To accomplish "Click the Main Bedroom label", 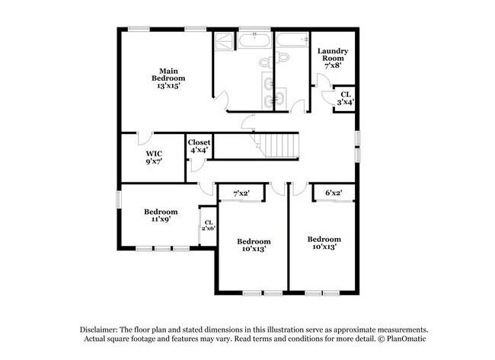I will [168, 78].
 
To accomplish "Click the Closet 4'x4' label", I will [199, 146].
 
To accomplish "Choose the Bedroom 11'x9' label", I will [161, 216].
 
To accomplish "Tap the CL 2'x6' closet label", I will [208, 226].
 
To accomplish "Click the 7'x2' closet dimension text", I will [242, 193].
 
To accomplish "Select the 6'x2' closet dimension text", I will [334, 193].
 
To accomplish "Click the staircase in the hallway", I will [278, 144].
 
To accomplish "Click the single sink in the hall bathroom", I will [281, 97].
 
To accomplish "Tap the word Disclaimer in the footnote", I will [103, 329].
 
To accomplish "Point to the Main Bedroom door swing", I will [220, 98].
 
